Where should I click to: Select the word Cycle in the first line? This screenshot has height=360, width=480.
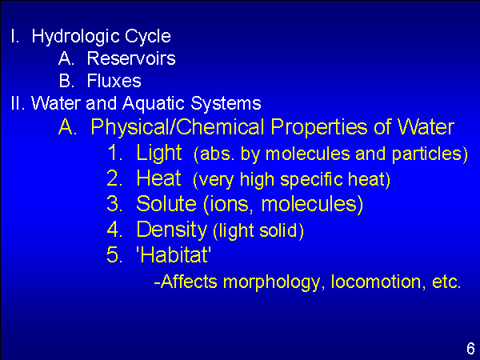click(147, 37)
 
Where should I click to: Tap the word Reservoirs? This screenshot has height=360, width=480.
click(131, 58)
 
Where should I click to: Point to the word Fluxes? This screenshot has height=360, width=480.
click(114, 81)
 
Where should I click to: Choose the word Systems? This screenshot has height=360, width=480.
click(226, 103)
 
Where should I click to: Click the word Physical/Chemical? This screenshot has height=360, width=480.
click(178, 126)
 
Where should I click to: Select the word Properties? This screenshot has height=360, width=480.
click(319, 127)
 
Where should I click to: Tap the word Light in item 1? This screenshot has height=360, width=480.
click(159, 153)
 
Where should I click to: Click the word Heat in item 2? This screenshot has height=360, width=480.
click(158, 178)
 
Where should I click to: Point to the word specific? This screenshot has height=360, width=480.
click(311, 180)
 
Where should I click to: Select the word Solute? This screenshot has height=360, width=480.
click(166, 203)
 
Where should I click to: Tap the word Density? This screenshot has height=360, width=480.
click(172, 230)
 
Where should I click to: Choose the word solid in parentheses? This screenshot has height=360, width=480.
click(278, 230)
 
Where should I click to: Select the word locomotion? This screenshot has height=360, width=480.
click(376, 282)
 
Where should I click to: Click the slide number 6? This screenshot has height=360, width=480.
click(470, 349)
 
